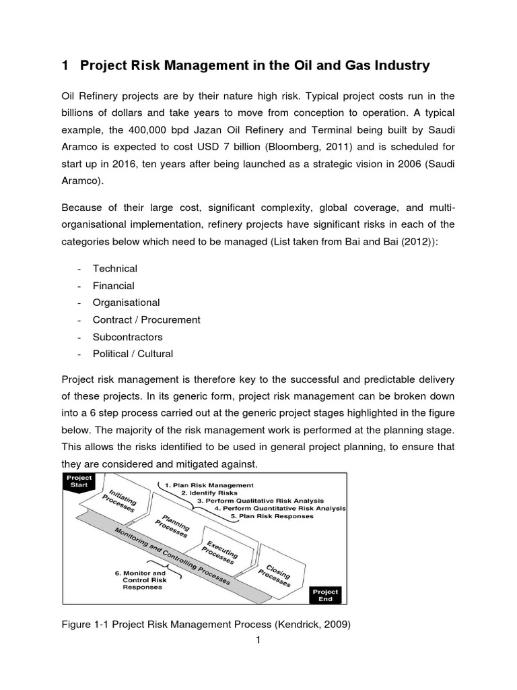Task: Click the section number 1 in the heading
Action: click(x=65, y=65)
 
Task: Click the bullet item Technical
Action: click(x=114, y=268)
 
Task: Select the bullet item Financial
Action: click(x=114, y=286)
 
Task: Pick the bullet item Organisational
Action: click(x=127, y=303)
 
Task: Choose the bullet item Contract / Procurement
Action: click(x=147, y=319)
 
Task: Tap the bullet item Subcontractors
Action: click(x=128, y=336)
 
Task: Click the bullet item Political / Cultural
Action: click(x=133, y=353)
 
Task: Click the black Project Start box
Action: click(x=78, y=482)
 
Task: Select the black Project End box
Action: click(x=326, y=595)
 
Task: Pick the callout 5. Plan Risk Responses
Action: click(x=271, y=515)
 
